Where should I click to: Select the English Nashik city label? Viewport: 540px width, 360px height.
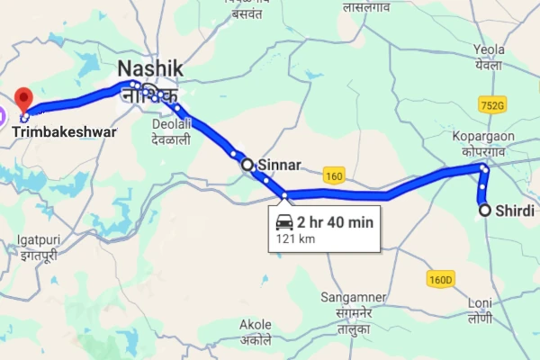click(150, 68)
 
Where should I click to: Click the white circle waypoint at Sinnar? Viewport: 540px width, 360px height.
click(247, 165)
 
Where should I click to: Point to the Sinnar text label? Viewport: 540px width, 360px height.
click(278, 166)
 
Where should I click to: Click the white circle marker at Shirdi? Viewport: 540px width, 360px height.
click(485, 211)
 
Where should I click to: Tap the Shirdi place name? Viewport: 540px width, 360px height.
click(515, 211)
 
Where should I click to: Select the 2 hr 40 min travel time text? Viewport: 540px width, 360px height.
click(336, 221)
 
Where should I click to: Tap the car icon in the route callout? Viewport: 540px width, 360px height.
click(283, 221)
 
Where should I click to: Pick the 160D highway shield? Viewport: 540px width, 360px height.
click(441, 280)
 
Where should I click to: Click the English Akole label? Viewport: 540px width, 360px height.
click(256, 324)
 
